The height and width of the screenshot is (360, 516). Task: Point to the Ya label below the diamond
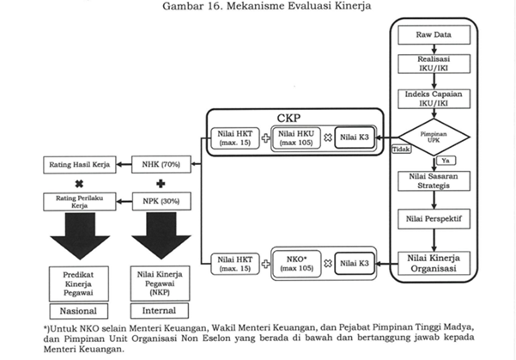pos(445,160)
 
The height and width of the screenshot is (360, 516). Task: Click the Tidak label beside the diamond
pos(400,149)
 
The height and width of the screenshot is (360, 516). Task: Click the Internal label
pos(161,310)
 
